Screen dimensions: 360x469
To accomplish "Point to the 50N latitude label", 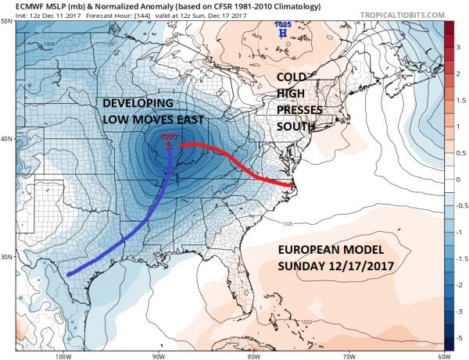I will [8, 21].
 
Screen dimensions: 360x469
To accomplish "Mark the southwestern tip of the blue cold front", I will [68, 275].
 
